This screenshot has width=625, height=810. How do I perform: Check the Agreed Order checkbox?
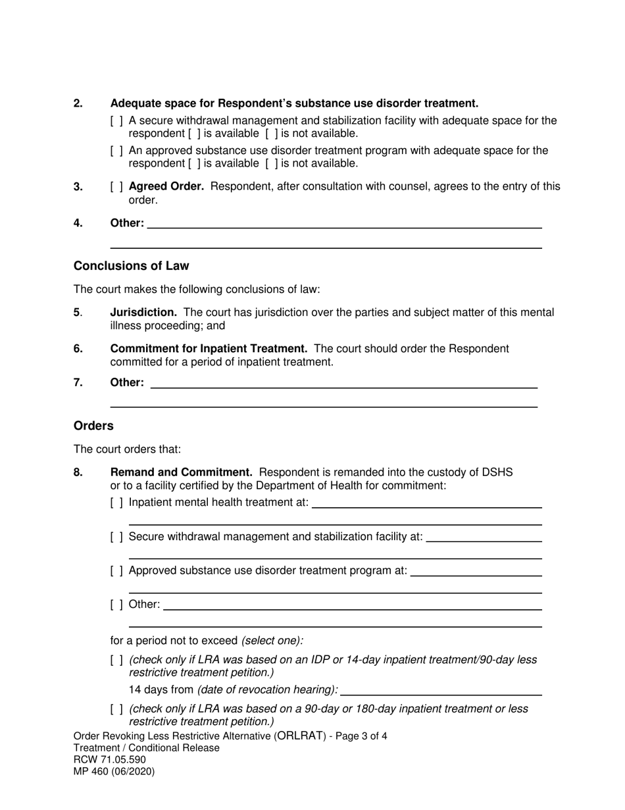[x=116, y=187]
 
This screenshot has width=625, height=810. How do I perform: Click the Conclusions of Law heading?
[x=131, y=266]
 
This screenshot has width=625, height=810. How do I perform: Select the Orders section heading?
[x=93, y=426]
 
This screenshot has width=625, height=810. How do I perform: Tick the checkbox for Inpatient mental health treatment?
[x=116, y=503]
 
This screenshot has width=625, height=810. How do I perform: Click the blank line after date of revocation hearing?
[x=441, y=690]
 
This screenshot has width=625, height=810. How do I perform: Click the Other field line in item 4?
[x=344, y=223]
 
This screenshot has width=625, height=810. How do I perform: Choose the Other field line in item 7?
[x=344, y=383]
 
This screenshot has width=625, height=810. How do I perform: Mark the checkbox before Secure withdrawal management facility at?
[x=116, y=537]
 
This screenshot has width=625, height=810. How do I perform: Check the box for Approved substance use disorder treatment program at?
[x=116, y=571]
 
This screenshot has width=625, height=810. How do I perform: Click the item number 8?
[x=78, y=472]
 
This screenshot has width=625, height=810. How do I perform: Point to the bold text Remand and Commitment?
[x=181, y=472]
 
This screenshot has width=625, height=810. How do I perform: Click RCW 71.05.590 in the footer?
[x=110, y=759]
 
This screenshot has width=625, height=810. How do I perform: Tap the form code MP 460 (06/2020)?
[x=114, y=771]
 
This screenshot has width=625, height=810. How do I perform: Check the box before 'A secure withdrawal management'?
[x=116, y=121]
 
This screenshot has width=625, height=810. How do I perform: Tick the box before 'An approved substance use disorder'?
[x=116, y=151]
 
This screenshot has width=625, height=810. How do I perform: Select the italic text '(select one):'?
[x=272, y=641]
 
